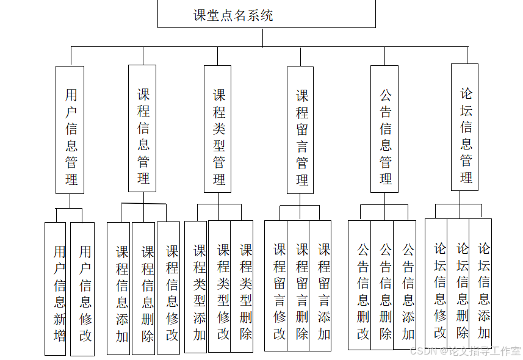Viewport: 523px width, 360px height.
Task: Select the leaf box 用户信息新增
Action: pos(56,289)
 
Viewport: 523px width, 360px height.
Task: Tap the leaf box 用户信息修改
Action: pos(82,289)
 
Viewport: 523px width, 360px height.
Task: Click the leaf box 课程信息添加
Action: pos(118,288)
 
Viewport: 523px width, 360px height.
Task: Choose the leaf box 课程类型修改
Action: pos(220,286)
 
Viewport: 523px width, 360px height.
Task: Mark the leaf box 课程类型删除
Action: pos(242,286)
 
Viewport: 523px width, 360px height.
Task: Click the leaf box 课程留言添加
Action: pos(320,286)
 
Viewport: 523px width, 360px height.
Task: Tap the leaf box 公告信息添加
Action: pos(405,285)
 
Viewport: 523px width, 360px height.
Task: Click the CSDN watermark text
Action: pos(465,351)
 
